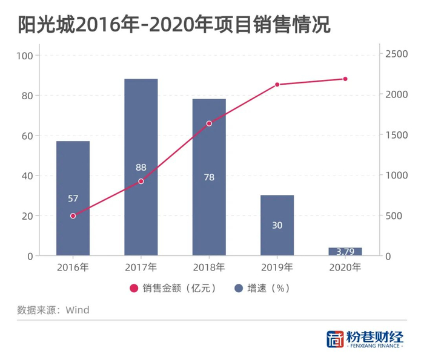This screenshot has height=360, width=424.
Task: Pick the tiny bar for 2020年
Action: click(345, 251)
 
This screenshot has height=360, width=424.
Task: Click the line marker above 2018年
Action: click(209, 123)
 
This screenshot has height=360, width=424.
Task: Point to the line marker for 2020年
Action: click(345, 79)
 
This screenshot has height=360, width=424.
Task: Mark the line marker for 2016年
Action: click(73, 215)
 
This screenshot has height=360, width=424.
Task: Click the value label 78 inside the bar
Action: click(209, 178)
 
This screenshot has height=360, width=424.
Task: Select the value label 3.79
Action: click(345, 251)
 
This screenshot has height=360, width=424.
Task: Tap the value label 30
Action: click(277, 225)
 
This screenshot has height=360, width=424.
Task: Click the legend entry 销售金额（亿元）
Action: click(172, 288)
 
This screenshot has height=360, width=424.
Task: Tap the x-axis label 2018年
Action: click(209, 267)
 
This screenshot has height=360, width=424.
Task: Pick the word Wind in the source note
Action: click(77, 310)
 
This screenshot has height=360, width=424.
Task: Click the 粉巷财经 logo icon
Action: click(334, 339)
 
